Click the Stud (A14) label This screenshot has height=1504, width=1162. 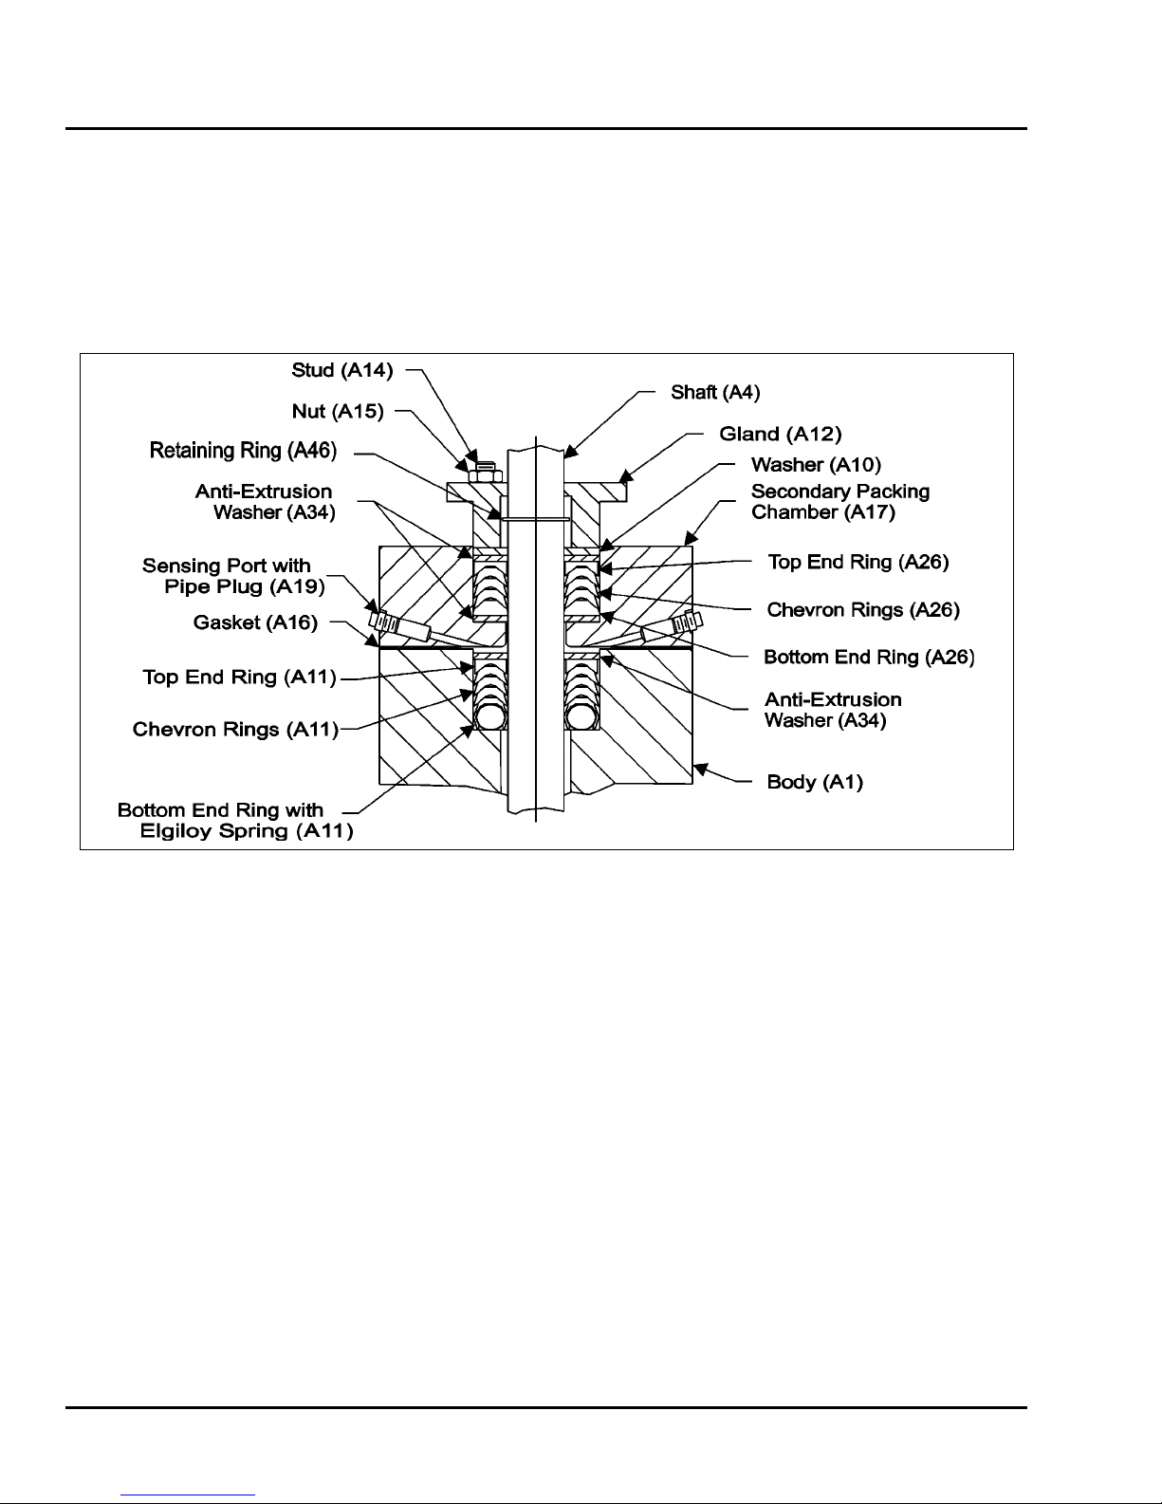click(x=341, y=370)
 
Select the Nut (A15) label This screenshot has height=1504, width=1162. click(x=338, y=411)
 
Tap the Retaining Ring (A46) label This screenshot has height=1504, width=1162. click(x=243, y=451)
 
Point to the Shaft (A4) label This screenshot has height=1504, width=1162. click(x=715, y=392)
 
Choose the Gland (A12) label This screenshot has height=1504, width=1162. click(x=780, y=434)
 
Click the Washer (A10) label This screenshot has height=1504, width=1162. click(x=816, y=465)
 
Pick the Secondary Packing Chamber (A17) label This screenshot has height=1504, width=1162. click(x=839, y=502)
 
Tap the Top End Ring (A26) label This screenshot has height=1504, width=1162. click(x=858, y=562)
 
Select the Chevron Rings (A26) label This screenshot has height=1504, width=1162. click(x=863, y=609)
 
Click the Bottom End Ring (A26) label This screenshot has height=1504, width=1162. click(x=869, y=657)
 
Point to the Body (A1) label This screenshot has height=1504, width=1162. click(x=815, y=782)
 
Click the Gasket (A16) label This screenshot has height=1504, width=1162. click(x=255, y=622)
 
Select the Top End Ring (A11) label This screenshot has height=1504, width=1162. click(x=239, y=677)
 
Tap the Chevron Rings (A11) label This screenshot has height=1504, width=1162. click(x=235, y=729)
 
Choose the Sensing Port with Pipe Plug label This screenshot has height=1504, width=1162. click(x=233, y=576)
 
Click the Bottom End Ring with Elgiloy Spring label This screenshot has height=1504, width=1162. click(x=234, y=821)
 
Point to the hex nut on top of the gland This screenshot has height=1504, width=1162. click(x=483, y=467)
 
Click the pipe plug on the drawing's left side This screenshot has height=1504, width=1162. click(x=384, y=622)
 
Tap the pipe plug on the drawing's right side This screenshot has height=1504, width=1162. click(x=686, y=623)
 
